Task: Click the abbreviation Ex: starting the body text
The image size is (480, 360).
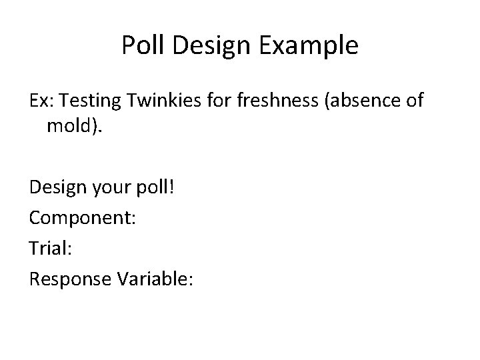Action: click(43, 100)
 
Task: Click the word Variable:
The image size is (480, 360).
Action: click(155, 279)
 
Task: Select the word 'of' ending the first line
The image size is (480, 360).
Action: click(414, 100)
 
